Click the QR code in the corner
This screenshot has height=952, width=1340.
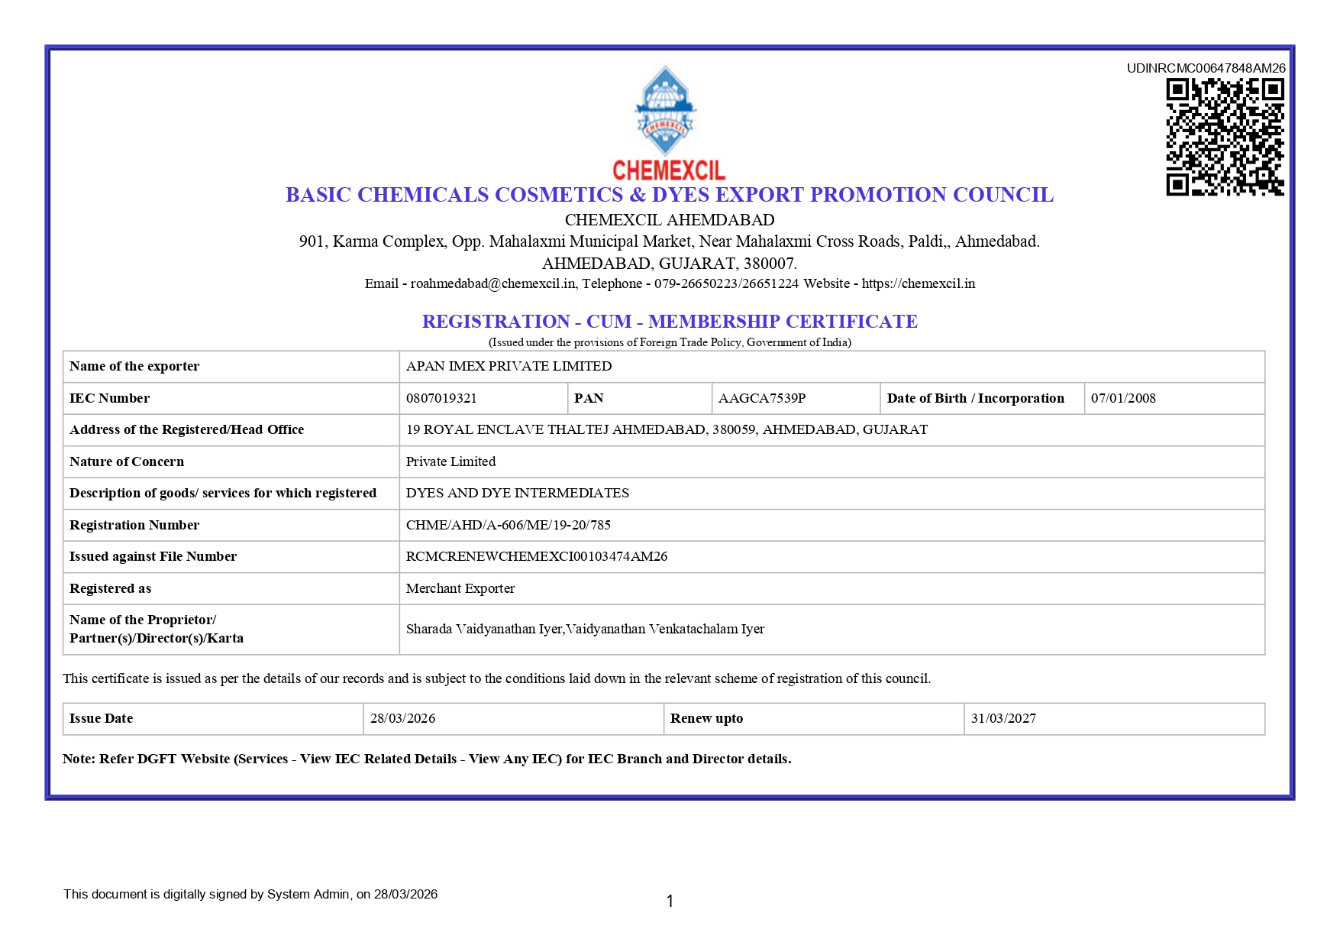tap(1225, 137)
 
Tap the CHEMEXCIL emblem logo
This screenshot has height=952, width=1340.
tap(667, 113)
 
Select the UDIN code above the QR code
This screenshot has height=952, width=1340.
tap(1206, 68)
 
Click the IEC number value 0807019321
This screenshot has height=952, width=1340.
tap(441, 398)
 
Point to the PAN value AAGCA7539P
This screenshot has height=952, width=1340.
tap(761, 398)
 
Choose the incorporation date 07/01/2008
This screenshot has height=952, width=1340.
tap(1123, 398)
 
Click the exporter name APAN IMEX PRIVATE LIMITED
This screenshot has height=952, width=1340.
tap(509, 366)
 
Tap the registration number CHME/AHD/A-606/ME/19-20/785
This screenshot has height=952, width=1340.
tap(508, 525)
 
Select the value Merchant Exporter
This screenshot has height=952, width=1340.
tap(460, 588)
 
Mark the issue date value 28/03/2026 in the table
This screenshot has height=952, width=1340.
tap(402, 718)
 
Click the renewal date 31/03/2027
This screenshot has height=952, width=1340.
tap(1003, 718)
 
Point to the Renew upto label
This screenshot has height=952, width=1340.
tap(706, 718)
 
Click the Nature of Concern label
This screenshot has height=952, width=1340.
tap(127, 461)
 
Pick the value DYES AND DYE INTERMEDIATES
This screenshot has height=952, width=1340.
tap(517, 493)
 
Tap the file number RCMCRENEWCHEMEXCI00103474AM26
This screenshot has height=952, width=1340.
tap(536, 556)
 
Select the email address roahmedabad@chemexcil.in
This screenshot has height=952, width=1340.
tap(492, 283)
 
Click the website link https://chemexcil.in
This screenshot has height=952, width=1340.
tap(918, 283)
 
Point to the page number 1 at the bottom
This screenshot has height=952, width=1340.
tap(670, 901)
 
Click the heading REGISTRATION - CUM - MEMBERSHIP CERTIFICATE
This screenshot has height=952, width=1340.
tap(670, 322)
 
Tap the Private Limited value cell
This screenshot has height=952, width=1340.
tap(450, 461)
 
